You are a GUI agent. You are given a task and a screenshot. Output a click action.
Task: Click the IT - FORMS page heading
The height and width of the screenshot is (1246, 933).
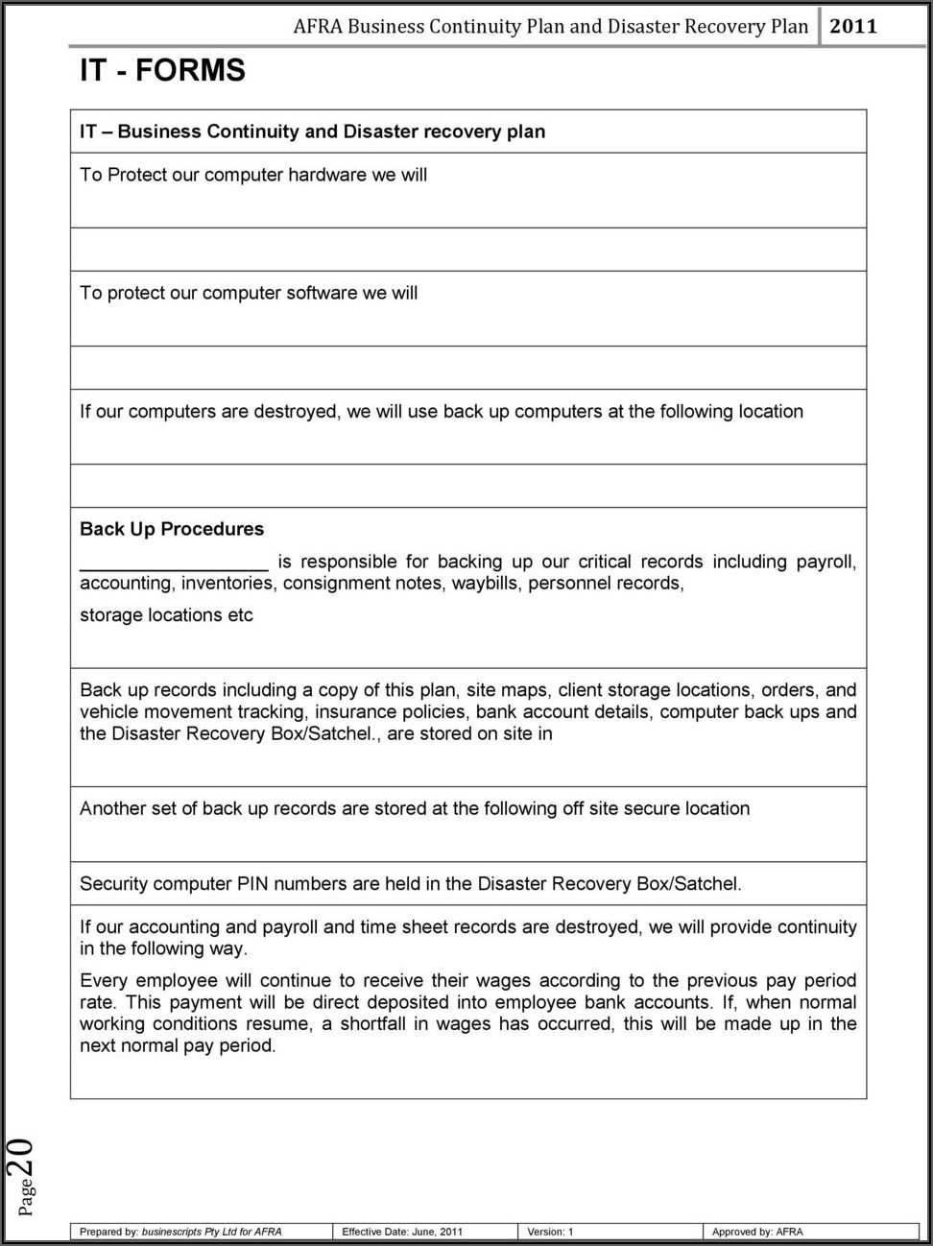click(162, 71)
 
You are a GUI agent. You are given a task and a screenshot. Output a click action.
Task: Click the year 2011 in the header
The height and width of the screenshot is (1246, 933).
click(852, 26)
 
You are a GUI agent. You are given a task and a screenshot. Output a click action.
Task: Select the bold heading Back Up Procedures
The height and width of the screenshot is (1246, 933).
click(172, 529)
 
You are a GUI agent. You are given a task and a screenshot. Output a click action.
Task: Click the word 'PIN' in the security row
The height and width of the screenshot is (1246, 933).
click(252, 884)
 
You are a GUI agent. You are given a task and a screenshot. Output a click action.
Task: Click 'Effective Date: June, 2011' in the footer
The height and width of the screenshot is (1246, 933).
click(402, 1232)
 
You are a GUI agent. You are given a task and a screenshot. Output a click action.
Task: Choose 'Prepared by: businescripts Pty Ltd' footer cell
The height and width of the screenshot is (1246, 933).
click(180, 1232)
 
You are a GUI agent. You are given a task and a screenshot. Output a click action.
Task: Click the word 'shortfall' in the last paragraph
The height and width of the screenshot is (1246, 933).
click(372, 1024)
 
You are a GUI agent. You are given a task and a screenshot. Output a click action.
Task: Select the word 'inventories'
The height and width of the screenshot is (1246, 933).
click(227, 584)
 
